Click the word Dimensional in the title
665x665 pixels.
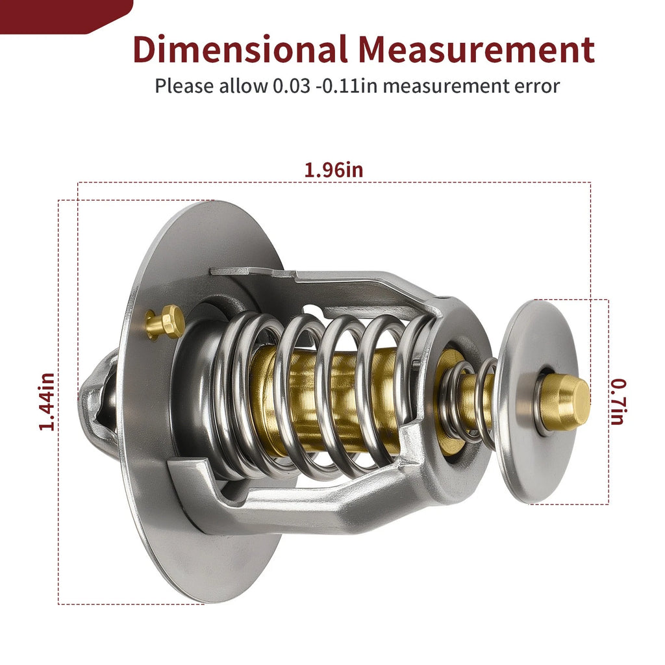point(240,49)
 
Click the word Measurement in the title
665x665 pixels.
point(476,49)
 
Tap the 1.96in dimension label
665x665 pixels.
point(334,170)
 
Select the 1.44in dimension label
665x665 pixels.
point(46,401)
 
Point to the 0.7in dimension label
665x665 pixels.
point(618,401)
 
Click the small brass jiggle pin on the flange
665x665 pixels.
point(164,322)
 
